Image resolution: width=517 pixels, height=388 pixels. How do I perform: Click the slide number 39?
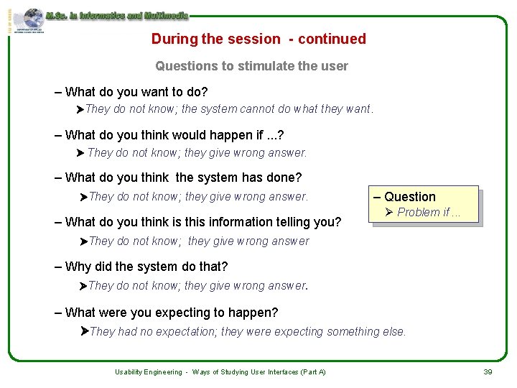click(x=488, y=371)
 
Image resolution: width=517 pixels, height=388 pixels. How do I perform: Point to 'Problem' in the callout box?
click(x=419, y=212)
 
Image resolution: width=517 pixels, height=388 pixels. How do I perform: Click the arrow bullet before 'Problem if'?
click(x=389, y=212)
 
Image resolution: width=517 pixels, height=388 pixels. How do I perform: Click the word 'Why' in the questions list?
click(x=78, y=267)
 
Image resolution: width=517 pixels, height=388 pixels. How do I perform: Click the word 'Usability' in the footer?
click(x=131, y=371)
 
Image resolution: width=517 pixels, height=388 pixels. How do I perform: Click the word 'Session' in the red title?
click(x=253, y=39)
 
